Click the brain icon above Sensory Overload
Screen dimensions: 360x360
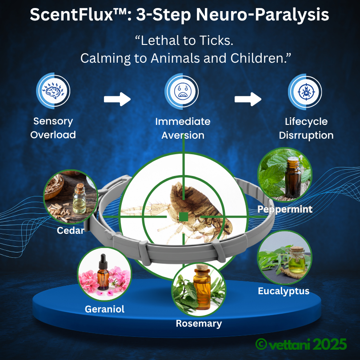[52, 92]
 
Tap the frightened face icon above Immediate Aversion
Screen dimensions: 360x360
[181, 92]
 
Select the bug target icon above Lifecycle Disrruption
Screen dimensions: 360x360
[304, 92]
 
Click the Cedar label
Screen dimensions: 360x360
[70, 231]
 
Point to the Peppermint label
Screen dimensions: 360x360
[284, 208]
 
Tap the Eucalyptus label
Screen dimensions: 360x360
[284, 292]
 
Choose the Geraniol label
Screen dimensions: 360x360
[104, 309]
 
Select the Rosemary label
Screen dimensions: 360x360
[199, 323]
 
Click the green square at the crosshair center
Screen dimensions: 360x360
[183, 216]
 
